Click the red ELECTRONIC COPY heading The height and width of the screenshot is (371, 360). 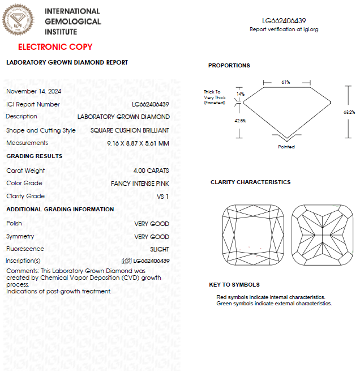(55, 47)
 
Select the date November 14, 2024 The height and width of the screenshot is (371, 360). (34, 91)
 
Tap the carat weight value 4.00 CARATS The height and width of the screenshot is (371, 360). (151, 170)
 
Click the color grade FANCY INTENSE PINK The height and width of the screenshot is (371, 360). (140, 184)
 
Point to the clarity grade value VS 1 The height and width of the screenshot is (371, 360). (162, 197)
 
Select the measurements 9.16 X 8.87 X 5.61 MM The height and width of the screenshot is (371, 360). (138, 143)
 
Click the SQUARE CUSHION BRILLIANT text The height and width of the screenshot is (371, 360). (130, 130)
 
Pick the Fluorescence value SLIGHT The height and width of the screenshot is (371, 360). (159, 249)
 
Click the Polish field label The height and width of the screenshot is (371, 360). (14, 223)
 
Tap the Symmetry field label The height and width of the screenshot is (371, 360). (20, 236)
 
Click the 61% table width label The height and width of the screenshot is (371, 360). (286, 82)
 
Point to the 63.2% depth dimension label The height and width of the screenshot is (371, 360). (349, 112)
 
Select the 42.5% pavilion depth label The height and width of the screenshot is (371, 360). (240, 121)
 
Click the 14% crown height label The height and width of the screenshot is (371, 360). (241, 94)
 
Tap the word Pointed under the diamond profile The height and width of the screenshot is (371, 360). (286, 147)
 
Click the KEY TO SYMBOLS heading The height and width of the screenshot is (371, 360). (234, 284)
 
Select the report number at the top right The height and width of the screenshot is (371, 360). (284, 20)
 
